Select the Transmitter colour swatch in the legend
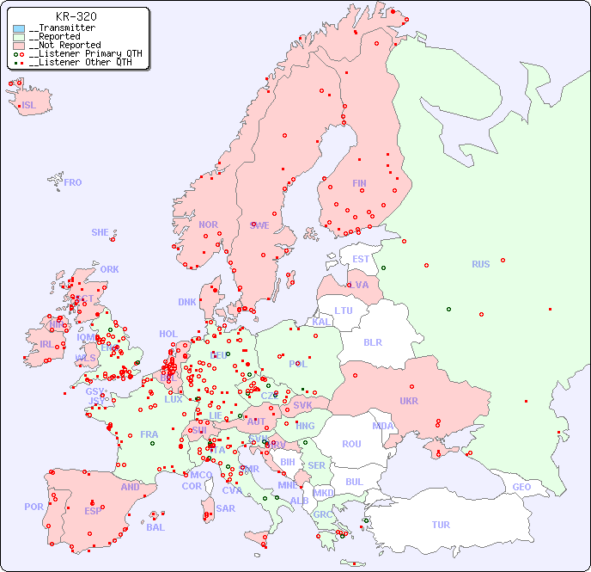19,28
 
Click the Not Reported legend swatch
19,45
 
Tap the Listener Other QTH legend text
81,62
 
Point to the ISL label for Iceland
29,106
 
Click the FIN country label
359,183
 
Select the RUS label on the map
480,264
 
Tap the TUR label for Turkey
441,525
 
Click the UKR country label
408,401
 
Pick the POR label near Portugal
34,507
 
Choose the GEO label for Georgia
521,487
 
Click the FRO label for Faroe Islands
73,182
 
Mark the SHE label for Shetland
101,232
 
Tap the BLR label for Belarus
372,341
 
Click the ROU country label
351,444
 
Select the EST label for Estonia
361,259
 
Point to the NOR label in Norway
208,224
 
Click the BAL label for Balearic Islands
155,527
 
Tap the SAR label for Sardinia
225,508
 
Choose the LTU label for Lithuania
344,311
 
